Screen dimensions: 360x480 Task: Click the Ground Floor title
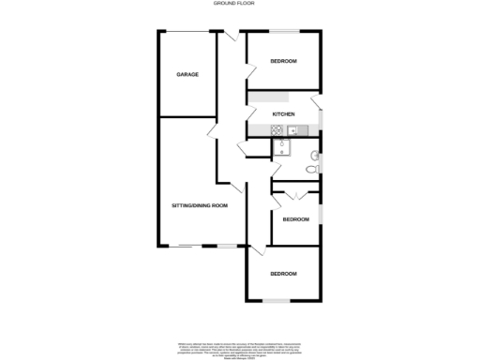(239, 5)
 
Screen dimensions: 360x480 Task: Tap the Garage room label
(188, 74)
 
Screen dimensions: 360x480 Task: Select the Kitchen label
(283, 114)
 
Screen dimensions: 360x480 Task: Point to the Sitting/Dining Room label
(199, 204)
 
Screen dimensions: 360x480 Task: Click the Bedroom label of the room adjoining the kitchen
(283, 61)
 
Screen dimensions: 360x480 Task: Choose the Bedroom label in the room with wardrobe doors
(295, 219)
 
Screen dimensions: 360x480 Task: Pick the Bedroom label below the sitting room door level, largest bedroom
(283, 273)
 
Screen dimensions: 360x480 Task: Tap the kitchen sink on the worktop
(292, 129)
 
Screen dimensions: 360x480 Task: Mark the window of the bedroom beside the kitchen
(283, 33)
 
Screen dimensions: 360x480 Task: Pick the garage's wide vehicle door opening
(187, 33)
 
